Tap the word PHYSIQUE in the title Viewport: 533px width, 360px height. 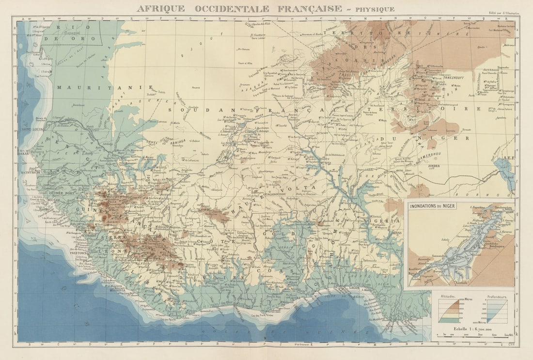(x=375, y=9)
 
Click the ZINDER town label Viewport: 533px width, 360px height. (x=434, y=165)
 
